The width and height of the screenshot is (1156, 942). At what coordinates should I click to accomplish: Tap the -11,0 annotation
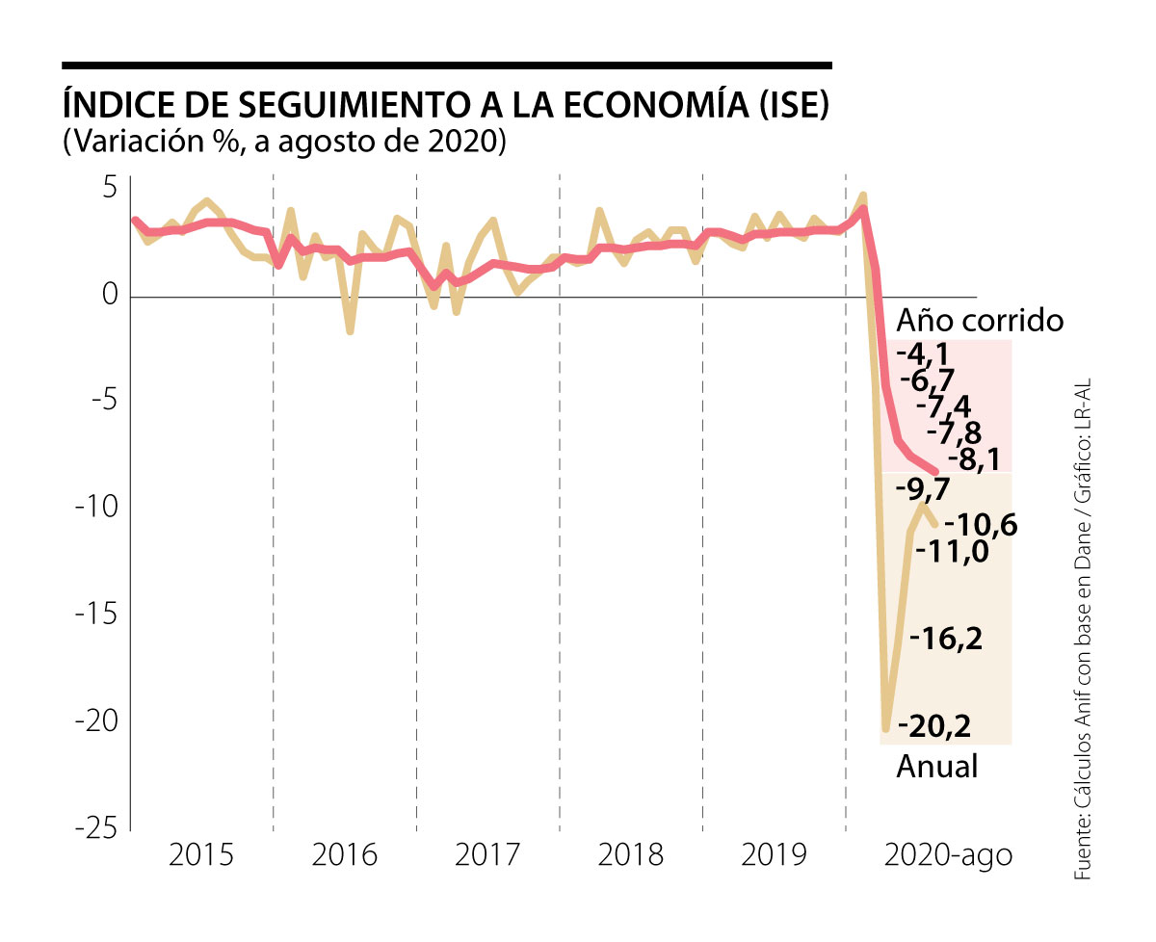pyautogui.click(x=952, y=551)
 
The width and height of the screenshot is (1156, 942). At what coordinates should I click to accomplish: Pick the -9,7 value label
pyautogui.click(x=923, y=488)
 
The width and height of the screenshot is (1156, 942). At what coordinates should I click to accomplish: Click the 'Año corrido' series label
pyautogui.click(x=980, y=320)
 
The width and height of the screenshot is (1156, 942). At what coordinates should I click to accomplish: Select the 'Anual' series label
pyautogui.click(x=936, y=767)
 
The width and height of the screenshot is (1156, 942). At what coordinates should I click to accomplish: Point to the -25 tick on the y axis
pyautogui.click(x=95, y=830)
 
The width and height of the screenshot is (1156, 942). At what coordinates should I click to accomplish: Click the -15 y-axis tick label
pyautogui.click(x=95, y=615)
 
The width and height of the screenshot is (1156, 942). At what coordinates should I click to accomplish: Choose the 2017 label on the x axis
pyautogui.click(x=487, y=854)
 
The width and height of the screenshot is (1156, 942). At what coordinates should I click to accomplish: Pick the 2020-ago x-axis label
pyautogui.click(x=948, y=854)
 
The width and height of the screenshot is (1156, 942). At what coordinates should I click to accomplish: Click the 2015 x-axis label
pyautogui.click(x=201, y=854)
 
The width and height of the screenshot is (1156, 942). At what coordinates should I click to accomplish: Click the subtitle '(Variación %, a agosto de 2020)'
pyautogui.click(x=284, y=141)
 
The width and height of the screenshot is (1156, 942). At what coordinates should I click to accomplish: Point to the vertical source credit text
pyautogui.click(x=1086, y=627)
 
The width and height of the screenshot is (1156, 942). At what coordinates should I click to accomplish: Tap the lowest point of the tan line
pyautogui.click(x=885, y=729)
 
